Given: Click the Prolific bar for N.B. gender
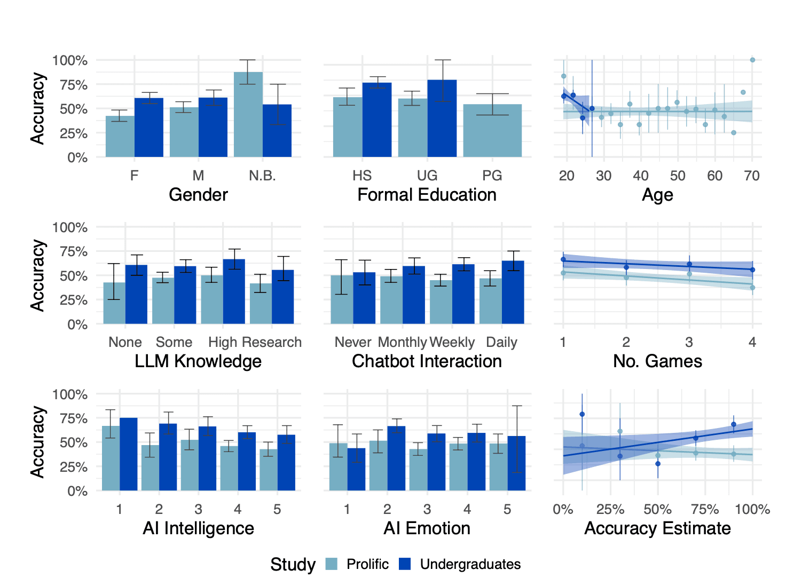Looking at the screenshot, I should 248,115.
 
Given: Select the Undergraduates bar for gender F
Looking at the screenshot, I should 149,128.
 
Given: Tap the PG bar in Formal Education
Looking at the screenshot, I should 492,131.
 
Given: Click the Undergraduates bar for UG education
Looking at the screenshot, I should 442,118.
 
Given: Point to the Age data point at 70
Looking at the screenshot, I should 752,60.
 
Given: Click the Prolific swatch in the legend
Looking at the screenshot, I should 332,564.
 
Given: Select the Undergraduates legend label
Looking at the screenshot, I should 470,564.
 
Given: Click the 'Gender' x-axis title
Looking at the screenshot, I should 198,195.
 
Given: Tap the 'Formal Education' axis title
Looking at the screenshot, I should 427,195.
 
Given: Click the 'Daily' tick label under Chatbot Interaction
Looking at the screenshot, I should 501,342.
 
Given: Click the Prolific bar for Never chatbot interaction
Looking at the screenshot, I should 342,299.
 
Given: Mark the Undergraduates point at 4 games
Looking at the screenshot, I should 752,270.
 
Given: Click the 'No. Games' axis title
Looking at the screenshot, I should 657,361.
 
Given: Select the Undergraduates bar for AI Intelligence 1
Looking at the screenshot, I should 129,454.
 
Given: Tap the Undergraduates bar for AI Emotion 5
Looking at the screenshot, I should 516,463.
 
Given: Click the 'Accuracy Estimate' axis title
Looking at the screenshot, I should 657,528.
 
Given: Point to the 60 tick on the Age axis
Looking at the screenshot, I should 715,176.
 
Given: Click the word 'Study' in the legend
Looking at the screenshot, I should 293,564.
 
